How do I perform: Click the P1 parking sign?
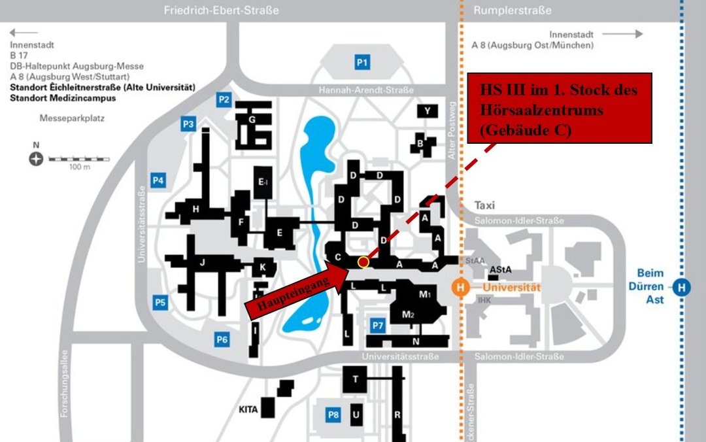click(362, 62)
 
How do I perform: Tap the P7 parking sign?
click(377, 325)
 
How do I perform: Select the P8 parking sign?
click(333, 415)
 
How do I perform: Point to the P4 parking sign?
click(158, 180)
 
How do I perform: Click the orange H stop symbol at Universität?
click(461, 286)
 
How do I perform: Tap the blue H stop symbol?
click(682, 286)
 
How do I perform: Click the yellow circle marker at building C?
click(363, 262)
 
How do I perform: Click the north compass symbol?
click(36, 158)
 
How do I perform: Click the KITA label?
click(248, 411)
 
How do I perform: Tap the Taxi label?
click(484, 205)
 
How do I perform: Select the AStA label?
click(500, 269)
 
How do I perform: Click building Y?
click(427, 111)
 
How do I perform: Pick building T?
click(356, 379)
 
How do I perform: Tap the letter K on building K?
click(263, 267)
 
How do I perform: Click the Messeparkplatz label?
click(72, 119)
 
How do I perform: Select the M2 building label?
click(408, 315)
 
